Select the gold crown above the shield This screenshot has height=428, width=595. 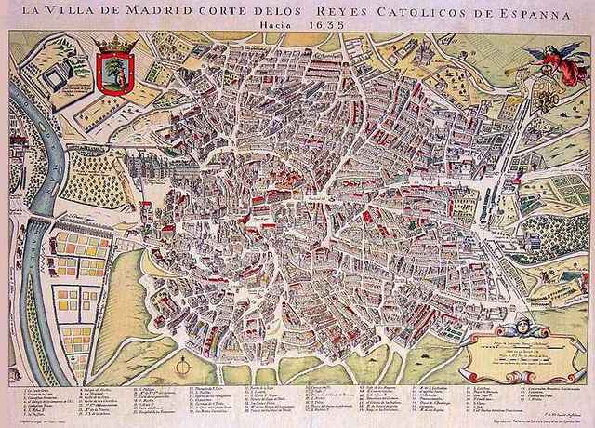[114, 44]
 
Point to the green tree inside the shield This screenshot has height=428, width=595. [114, 70]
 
